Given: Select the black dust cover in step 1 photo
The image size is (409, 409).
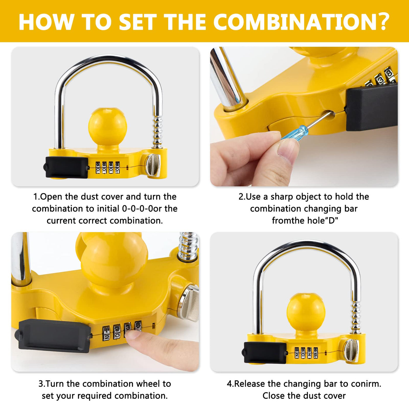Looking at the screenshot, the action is point(67,167).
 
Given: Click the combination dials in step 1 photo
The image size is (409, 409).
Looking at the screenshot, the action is point(108,168).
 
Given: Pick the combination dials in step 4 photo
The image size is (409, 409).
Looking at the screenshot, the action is point(306,353).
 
